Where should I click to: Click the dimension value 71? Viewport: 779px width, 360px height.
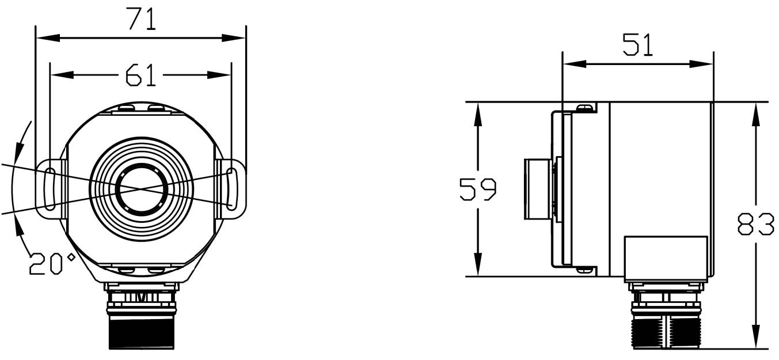click(141, 20)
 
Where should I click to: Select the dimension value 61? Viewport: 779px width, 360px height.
click(141, 75)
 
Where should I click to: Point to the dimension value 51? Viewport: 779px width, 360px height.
click(638, 45)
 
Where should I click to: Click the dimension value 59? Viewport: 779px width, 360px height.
click(477, 190)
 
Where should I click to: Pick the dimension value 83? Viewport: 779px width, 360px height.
click(756, 225)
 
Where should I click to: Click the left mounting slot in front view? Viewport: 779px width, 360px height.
click(50, 189)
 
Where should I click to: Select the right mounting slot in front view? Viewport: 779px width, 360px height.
click(231, 189)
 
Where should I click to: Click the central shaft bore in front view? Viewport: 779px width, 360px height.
click(142, 189)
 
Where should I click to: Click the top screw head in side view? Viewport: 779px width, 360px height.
click(585, 108)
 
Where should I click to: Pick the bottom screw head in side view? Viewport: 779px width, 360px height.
click(585, 269)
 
